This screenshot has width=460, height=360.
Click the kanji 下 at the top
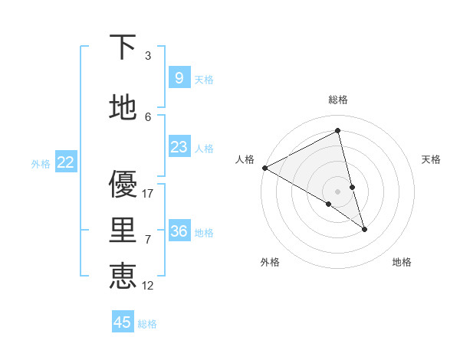[x=123, y=48]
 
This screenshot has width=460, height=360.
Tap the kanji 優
[x=123, y=184]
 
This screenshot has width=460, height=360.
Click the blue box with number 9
[x=179, y=77]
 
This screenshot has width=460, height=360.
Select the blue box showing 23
[x=179, y=147]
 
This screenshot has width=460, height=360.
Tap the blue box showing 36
[x=179, y=231]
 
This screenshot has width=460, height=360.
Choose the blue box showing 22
[x=66, y=162]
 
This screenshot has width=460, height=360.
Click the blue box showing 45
[x=123, y=322]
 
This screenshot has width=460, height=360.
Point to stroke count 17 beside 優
[x=149, y=194]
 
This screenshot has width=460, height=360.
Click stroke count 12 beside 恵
[x=149, y=286]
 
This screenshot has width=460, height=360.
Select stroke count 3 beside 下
[x=148, y=56]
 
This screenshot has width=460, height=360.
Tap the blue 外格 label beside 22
[x=41, y=163]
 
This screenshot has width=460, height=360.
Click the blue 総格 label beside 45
[x=147, y=324]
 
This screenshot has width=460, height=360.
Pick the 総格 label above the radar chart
[x=338, y=100]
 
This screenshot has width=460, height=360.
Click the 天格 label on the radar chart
[x=431, y=159]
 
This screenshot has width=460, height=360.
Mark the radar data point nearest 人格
[x=264, y=168]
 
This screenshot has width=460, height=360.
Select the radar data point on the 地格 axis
[x=364, y=229]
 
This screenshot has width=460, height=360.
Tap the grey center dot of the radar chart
[x=338, y=191]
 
